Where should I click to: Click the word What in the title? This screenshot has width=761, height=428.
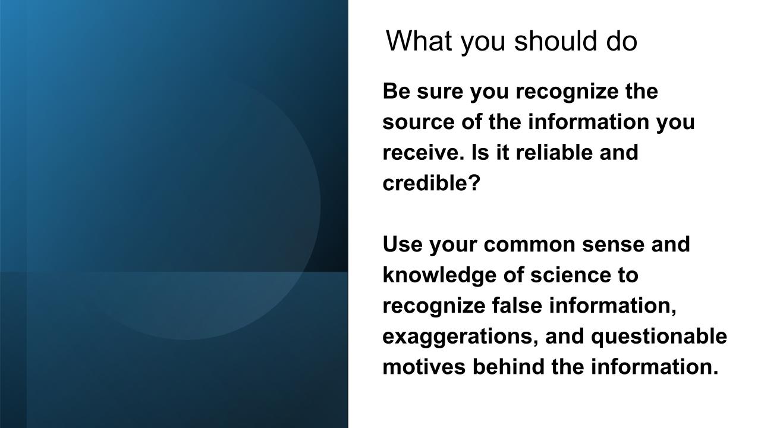(x=419, y=41)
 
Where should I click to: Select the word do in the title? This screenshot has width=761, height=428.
(x=622, y=41)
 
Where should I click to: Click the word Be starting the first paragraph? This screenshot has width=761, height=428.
(x=396, y=91)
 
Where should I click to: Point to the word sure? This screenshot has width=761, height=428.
(x=440, y=93)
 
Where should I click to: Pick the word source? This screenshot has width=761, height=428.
(x=419, y=123)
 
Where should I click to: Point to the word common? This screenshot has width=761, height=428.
(x=529, y=246)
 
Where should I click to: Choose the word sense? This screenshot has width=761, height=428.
(x=613, y=246)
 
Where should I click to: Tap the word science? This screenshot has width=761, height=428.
(x=570, y=275)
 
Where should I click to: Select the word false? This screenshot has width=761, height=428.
(x=517, y=305)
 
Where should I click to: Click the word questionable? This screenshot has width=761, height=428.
(x=659, y=336)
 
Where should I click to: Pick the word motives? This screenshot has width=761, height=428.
(x=424, y=367)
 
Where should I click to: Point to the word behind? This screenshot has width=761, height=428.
(x=508, y=366)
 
